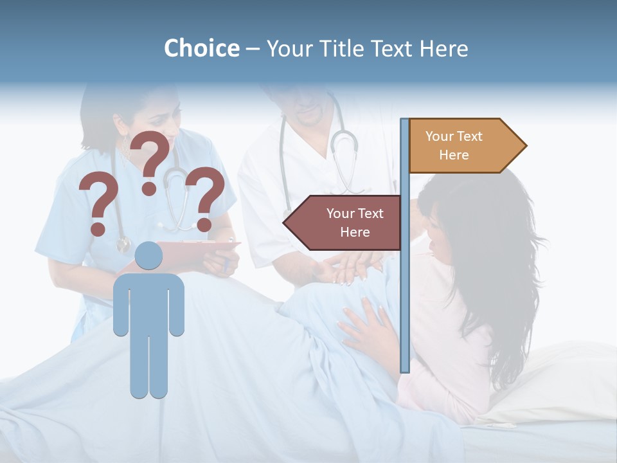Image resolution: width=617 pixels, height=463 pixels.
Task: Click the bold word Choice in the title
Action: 201,48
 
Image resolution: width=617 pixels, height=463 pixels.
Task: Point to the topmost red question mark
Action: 152,161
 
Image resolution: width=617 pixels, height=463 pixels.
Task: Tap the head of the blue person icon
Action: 148,255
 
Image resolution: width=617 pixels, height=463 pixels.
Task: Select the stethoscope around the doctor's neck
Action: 344,148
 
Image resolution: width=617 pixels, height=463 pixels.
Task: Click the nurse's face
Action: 154,109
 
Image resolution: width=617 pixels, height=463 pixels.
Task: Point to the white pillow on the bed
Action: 553,386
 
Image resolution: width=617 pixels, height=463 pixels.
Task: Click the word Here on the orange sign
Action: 454,155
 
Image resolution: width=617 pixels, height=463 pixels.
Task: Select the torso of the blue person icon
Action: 148,302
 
